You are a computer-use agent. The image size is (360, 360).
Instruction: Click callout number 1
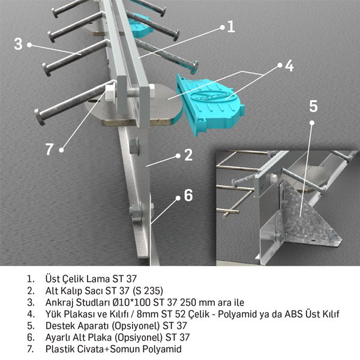click(231, 27)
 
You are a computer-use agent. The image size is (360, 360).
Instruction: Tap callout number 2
click(188, 156)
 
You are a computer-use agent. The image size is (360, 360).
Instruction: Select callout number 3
click(18, 44)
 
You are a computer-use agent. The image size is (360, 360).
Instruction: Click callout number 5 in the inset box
click(313, 106)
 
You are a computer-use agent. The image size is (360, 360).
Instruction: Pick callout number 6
click(188, 195)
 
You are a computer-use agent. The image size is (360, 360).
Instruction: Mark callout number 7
click(50, 149)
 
